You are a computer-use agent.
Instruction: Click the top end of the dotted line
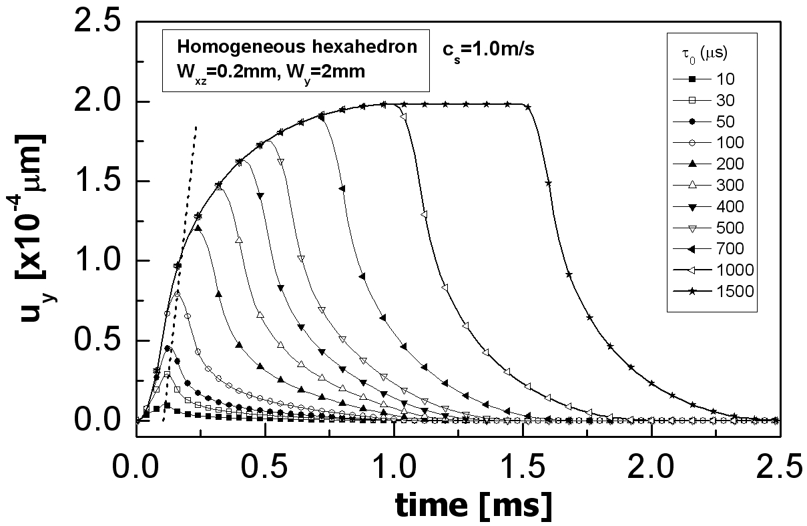click(x=196, y=125)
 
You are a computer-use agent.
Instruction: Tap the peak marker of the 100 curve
click(x=177, y=293)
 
